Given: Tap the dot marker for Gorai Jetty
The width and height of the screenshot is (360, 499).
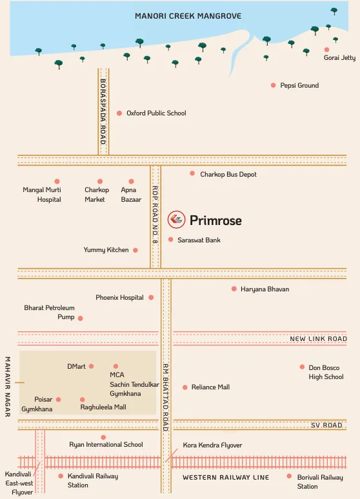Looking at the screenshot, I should tap(326, 49).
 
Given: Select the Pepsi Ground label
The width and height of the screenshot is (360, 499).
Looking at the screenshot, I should tap(299, 85).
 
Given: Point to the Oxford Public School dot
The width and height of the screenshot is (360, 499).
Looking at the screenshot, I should tap(119, 113).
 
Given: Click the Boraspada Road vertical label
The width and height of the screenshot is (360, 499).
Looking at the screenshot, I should tap(103, 112).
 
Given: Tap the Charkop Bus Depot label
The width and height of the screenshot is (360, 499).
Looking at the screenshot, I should tap(228, 174).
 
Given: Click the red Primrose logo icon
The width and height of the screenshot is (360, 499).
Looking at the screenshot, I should tap(175, 220).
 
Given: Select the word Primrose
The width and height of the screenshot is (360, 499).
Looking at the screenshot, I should tap(215, 220).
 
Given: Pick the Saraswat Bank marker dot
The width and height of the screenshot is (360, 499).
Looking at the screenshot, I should tap(171, 240).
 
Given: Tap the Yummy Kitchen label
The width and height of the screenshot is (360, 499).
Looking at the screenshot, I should tap(106, 249).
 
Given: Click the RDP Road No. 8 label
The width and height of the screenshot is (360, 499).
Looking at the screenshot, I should tap(155, 215).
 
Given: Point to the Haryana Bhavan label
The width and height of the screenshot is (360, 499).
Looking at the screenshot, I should tap(265, 289).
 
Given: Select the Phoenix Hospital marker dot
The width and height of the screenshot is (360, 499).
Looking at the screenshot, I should tap(151, 297).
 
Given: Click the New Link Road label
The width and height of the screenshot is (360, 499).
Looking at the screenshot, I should tap(318, 338).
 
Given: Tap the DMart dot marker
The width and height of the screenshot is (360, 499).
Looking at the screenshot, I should tap(91, 366).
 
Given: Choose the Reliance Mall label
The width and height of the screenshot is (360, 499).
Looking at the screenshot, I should tap(210, 387).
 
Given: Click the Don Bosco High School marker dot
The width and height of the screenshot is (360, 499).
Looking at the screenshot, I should tap(302, 367).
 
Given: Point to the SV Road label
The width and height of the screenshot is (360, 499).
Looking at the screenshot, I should tap(326, 425).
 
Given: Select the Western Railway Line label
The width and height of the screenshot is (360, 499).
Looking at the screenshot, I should tap(225, 477).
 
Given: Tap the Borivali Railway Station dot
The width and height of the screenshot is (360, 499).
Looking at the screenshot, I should tap(289, 476).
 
